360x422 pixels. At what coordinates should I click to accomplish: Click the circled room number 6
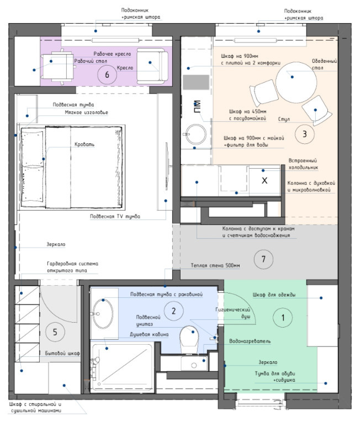point(107,74)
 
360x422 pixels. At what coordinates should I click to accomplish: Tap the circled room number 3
point(304,134)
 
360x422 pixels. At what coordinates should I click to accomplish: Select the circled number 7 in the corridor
point(263,259)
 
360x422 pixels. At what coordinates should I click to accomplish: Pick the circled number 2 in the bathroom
point(173,311)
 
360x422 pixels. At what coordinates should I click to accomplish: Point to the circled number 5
point(55,332)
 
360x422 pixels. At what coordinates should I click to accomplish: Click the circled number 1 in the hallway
point(283,318)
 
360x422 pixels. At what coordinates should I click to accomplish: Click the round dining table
point(296,82)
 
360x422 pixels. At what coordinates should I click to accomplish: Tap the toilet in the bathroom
point(190,340)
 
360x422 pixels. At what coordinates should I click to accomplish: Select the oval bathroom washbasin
point(103,314)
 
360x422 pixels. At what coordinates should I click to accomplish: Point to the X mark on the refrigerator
point(264,180)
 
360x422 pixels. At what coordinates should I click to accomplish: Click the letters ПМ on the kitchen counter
point(197,106)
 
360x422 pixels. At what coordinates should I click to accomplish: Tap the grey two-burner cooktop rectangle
point(196,82)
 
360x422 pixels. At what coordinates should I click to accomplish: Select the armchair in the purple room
point(152,66)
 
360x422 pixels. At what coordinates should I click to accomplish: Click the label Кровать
point(84,145)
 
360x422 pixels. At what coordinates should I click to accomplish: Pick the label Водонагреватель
point(250,341)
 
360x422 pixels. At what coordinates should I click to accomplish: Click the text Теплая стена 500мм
point(215,265)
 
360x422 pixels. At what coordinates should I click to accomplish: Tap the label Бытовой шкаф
point(62,354)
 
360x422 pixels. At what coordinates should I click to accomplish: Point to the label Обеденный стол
point(324,65)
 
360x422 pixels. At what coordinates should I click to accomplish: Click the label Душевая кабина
point(149,334)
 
